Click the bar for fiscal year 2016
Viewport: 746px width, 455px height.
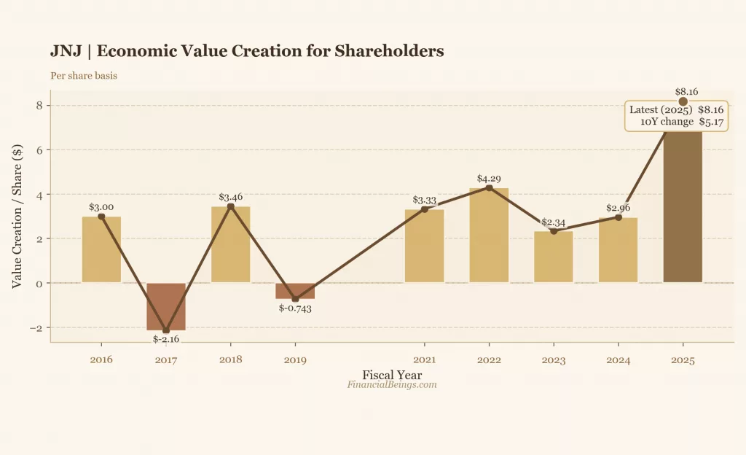coord(101,249)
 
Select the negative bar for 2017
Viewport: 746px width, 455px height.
coord(166,306)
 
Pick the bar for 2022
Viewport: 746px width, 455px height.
coord(489,236)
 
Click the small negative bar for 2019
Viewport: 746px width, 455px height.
coord(295,291)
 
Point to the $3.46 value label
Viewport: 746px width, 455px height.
coord(231,197)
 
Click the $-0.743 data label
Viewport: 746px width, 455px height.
coord(295,308)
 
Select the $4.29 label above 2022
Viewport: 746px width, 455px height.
coord(489,178)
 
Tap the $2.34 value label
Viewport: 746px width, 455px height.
coord(554,221)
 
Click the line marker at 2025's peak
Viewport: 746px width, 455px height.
coord(683,101)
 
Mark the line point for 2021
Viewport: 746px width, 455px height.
coord(425,209)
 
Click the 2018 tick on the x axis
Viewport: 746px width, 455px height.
coord(231,359)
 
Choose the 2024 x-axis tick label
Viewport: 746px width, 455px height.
coord(618,359)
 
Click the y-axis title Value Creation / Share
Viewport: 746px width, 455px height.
coord(17,215)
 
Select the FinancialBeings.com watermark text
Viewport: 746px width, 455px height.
coord(392,385)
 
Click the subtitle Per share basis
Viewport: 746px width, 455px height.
coord(84,75)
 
